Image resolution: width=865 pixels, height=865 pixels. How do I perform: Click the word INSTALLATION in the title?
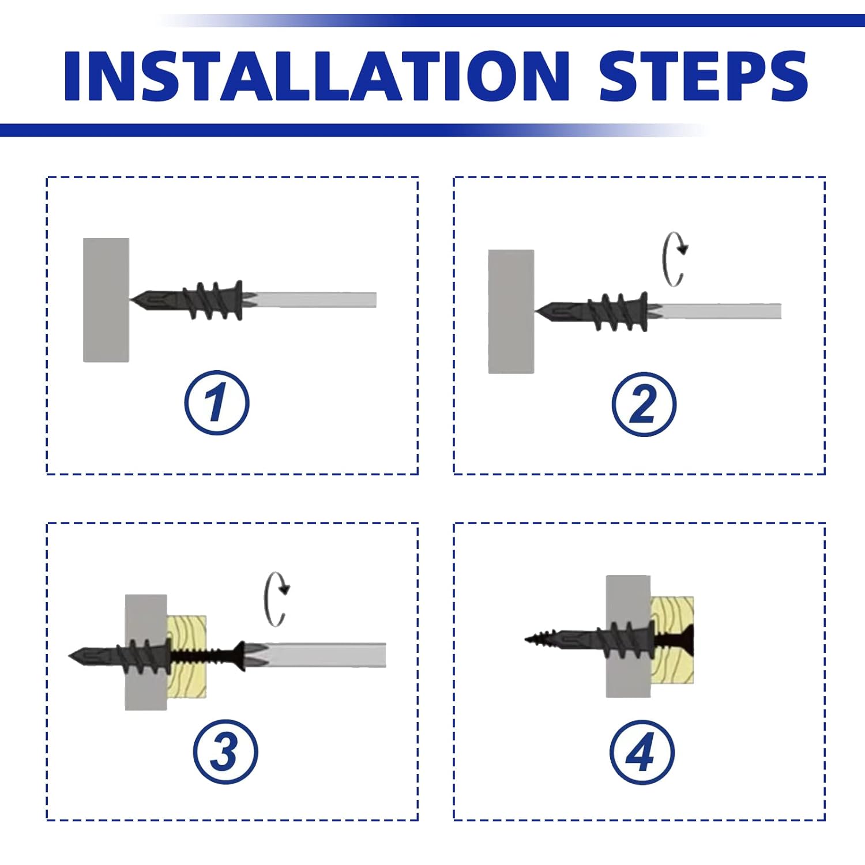(316, 76)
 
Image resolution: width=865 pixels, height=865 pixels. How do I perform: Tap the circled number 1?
(217, 403)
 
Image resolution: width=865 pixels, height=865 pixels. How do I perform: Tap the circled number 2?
(644, 404)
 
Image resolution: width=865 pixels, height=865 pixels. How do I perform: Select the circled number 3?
(225, 751)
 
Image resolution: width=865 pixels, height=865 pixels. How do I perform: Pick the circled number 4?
(641, 753)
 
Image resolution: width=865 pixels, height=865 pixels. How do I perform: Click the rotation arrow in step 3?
(276, 599)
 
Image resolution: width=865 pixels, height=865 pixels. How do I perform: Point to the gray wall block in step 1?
(106, 300)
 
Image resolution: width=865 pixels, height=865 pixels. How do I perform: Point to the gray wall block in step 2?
(511, 311)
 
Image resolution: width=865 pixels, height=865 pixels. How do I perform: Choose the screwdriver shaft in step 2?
(721, 311)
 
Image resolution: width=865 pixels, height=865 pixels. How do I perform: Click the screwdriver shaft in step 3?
(323, 655)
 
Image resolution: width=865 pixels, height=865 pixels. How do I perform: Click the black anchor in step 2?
(603, 311)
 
